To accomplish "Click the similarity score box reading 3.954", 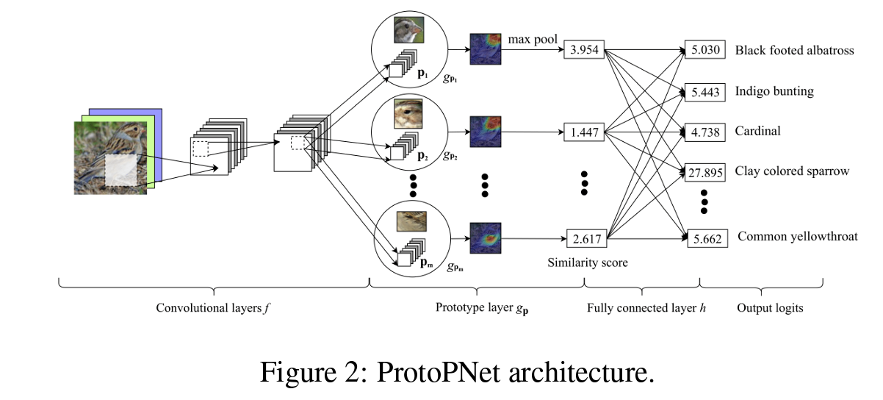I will click(585, 51).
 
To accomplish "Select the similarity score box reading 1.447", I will click(585, 133).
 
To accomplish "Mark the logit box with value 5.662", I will click(707, 239).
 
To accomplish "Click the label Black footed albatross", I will click(794, 51).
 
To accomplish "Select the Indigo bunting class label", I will click(774, 92).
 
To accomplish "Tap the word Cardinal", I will click(757, 132).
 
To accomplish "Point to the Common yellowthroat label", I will click(797, 237).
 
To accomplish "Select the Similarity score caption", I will click(588, 262).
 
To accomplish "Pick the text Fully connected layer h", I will click(646, 308).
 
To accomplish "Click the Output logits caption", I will click(770, 308).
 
